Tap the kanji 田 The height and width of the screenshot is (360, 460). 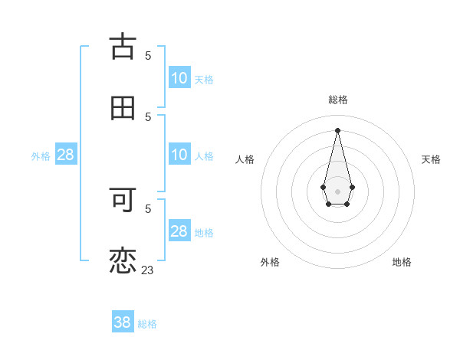point(123,107)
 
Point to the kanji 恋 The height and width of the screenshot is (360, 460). point(123,260)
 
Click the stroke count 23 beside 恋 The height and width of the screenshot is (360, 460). point(147,270)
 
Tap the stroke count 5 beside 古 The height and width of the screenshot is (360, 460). point(148,55)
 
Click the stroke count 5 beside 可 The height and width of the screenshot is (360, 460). point(148,208)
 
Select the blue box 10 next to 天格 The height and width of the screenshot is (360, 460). point(179,78)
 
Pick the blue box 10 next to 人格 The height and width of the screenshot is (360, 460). point(179,155)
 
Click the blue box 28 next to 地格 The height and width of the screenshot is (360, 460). point(179,231)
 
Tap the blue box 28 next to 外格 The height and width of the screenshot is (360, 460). point(66,155)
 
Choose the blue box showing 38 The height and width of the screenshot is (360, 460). point(123,322)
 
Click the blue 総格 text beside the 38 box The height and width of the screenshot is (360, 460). point(147,324)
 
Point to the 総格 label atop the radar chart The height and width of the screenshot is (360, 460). point(338,100)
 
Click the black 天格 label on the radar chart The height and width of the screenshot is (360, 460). point(431,159)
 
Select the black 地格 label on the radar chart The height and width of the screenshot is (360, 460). point(402,262)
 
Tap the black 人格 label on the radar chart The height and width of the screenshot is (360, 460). point(245,159)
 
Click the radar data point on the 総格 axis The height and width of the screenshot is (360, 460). point(337,129)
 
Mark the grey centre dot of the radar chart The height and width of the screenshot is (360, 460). point(337,190)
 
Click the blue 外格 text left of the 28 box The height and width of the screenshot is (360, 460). point(41,156)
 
